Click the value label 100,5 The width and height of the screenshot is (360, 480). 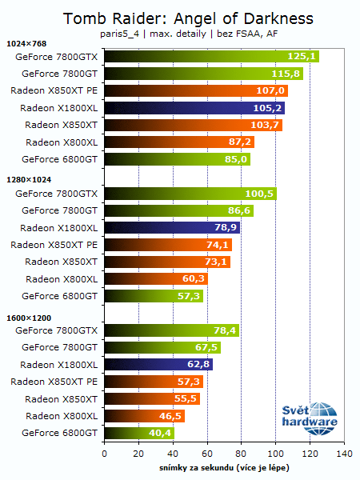coord(260,194)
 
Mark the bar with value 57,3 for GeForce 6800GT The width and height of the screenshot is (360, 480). coord(153,296)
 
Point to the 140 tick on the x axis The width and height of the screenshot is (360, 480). coord(344,454)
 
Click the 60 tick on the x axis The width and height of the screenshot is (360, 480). coord(207,454)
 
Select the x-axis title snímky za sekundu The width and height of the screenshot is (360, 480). coord(223,466)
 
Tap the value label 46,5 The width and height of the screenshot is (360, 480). coord(169,416)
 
